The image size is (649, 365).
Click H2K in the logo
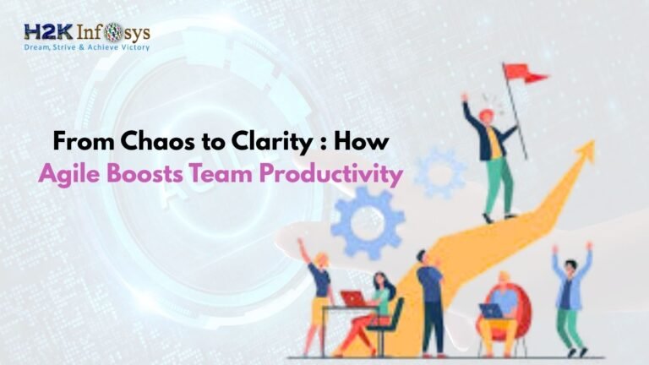pyautogui.click(x=47, y=33)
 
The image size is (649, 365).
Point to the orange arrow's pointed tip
pyautogui.click(x=588, y=151)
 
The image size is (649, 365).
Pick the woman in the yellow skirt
pyautogui.click(x=320, y=296)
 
